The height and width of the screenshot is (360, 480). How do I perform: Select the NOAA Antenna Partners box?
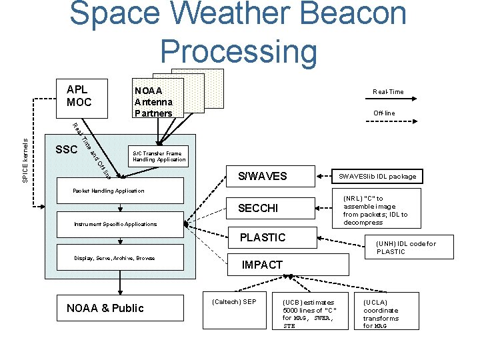[155, 101]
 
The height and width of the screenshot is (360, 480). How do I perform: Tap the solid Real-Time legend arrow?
[388, 102]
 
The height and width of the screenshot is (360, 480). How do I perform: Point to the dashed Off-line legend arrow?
[388, 123]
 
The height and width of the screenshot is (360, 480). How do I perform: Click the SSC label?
[67, 149]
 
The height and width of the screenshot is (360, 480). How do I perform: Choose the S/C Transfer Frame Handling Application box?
[157, 157]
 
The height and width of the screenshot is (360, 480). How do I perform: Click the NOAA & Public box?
[105, 307]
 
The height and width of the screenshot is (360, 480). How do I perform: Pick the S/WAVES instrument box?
[263, 177]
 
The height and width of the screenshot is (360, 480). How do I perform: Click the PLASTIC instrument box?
[263, 237]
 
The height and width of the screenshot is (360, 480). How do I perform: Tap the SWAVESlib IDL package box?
[377, 177]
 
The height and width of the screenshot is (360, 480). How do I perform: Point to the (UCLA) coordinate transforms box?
[386, 311]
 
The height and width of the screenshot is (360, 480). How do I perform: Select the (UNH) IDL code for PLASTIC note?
[406, 248]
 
